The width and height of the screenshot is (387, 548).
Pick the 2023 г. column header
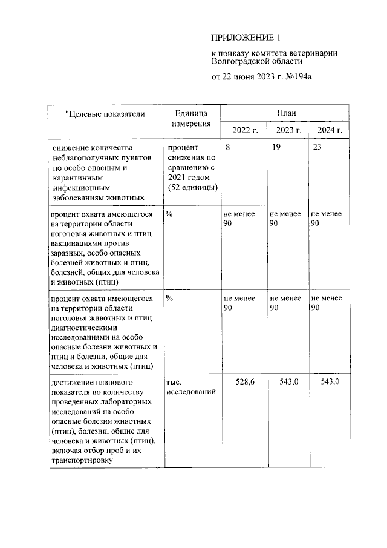pyautogui.click(x=288, y=130)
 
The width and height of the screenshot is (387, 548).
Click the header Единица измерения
pyautogui.click(x=190, y=118)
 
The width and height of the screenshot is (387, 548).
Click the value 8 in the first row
pyautogui.click(x=227, y=148)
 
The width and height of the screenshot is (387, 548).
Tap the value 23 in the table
pyautogui.click(x=318, y=148)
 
